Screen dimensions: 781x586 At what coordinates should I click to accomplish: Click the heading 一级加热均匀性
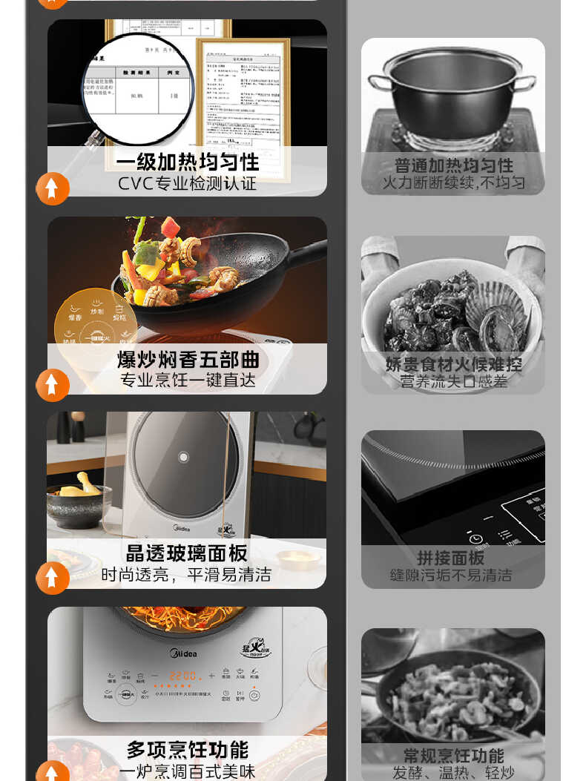coord(187,162)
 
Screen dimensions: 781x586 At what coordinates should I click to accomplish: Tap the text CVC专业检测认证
coord(187,183)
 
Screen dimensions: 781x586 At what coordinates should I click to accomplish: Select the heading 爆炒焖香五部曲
coord(188,360)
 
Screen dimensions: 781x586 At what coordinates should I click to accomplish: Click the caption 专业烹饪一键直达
coord(188,380)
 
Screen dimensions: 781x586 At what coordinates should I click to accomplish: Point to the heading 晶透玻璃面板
coord(187,553)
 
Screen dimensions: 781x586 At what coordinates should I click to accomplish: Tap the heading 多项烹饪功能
coord(187,750)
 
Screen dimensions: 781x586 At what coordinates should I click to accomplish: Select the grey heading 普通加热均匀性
coord(453,165)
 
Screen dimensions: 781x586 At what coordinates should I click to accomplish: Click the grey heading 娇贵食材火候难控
coord(453,364)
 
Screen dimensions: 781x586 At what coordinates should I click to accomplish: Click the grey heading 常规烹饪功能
coord(453,756)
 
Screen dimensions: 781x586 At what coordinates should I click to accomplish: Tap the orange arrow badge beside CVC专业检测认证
coord(53,188)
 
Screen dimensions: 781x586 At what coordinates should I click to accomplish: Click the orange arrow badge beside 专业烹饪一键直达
coord(53,385)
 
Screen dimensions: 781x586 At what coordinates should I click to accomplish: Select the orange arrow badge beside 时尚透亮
coord(53,578)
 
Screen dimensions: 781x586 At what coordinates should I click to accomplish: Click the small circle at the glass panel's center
coord(183,457)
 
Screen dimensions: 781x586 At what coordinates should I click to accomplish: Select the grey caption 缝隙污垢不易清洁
coord(451,575)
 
